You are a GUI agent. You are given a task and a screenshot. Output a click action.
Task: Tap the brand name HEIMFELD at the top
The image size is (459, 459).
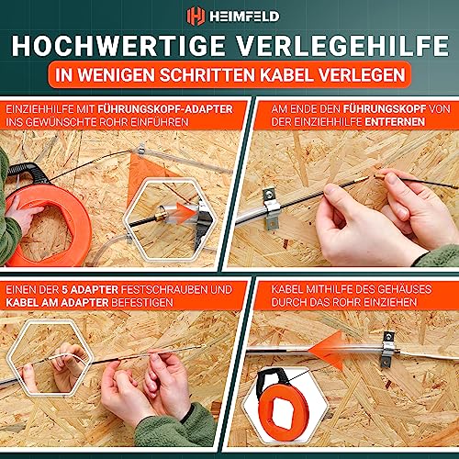click(241, 17)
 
